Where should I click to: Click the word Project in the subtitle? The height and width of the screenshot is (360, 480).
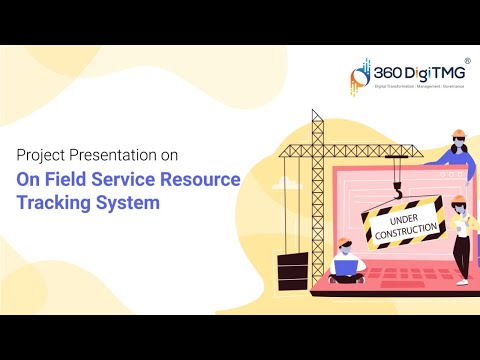pos(40,156)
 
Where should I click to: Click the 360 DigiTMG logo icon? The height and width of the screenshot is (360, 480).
pos(363,75)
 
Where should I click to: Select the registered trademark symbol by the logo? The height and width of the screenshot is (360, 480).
pos(467,61)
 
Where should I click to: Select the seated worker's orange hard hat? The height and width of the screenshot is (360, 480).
pos(344,242)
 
